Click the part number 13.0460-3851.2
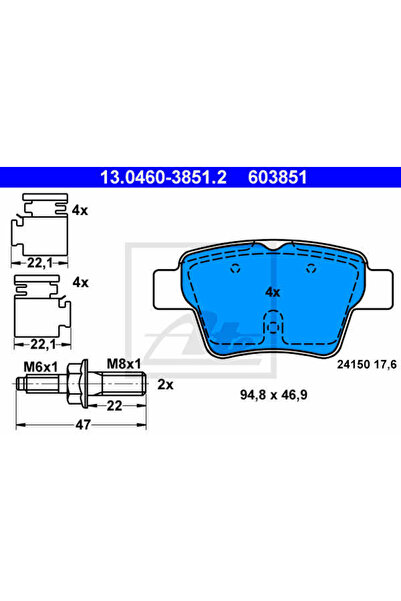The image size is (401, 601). coord(163,177)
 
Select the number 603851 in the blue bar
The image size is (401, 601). coord(278,177)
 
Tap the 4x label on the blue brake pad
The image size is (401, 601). coord(273,292)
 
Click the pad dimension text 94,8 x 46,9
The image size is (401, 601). coord(274,394)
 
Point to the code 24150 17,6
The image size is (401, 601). coord(367,365)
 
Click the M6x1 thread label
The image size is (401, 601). coord(41,367)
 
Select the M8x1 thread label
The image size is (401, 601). coord(123,364)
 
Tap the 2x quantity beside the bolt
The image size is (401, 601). coord(165,384)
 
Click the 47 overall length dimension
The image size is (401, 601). coord(83,425)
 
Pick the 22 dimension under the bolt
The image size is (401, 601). coord(114,406)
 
